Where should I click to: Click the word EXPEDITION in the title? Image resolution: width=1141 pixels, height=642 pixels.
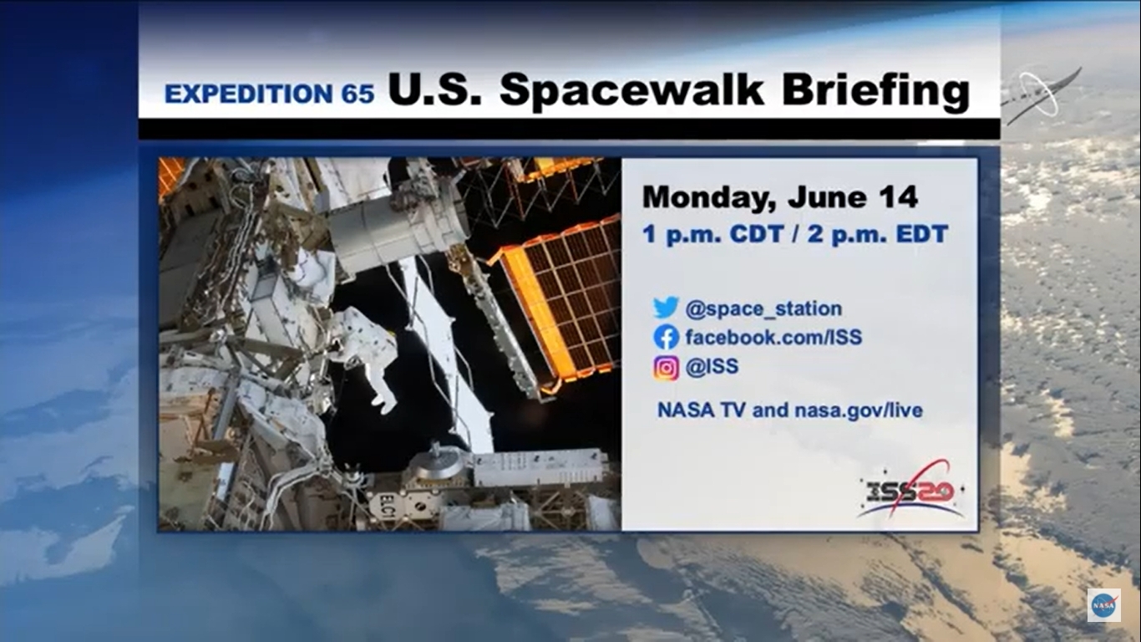pos(248,94)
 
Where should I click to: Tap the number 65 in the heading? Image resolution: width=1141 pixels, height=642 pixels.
pos(358,94)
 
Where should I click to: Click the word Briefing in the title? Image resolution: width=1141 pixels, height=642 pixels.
pos(875,91)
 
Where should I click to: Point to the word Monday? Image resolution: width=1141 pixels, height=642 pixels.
pos(708,198)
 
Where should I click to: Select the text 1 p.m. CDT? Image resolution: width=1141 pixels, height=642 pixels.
pos(712,235)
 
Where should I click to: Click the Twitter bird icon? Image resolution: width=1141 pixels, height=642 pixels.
pos(666,308)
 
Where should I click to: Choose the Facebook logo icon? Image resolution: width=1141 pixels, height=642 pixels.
pos(666,337)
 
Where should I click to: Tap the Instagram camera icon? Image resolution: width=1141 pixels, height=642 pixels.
pos(666,368)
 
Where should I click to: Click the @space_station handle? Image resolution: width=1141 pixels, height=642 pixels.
pos(763,308)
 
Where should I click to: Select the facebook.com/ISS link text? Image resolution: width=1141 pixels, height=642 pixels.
pos(773,337)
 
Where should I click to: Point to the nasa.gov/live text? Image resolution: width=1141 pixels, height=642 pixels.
pos(859,410)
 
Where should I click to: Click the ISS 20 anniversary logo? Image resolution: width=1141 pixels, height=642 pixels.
pos(911,490)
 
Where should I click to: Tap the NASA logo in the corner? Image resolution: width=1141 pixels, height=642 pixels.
pos(1103,605)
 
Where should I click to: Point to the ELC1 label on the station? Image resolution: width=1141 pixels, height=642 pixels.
pos(387,507)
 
